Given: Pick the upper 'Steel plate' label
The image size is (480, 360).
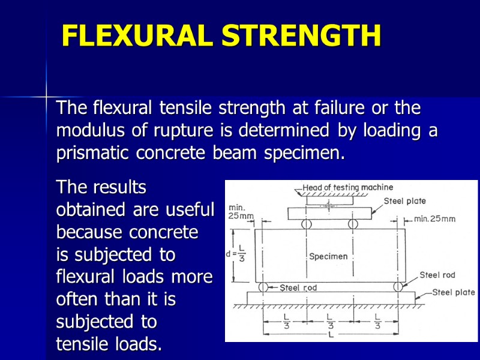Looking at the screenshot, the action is tap(405, 201).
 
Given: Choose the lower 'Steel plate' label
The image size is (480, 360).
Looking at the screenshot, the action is tap(454, 293).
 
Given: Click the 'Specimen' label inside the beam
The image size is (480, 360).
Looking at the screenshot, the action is tap(328, 256).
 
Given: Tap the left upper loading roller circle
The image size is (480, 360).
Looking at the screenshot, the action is tap(306, 224).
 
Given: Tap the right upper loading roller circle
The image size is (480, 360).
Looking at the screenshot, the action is tap(352, 224).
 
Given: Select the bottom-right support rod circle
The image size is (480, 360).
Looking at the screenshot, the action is tap(397, 287).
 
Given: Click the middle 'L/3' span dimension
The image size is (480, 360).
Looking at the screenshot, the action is tap(329, 321).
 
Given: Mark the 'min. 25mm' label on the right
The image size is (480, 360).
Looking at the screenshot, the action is tap(435, 219).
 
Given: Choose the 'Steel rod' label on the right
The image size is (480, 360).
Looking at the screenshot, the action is tap(437, 275).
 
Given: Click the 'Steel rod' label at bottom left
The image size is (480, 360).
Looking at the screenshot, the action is tap(298, 287).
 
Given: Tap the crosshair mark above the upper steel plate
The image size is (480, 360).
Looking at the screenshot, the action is tap(329, 205).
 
